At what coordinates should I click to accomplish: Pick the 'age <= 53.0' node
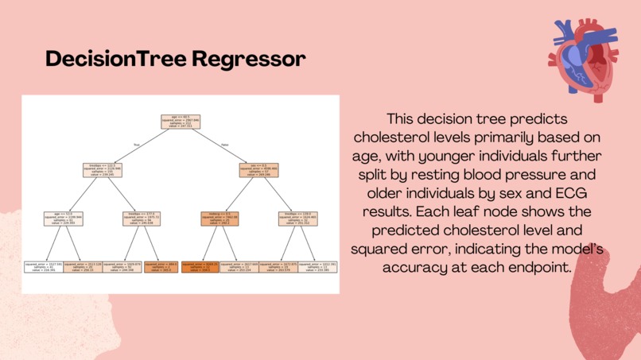coord(64,219)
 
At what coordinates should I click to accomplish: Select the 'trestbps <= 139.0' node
coord(296,219)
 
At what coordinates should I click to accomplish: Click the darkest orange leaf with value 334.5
coord(199,267)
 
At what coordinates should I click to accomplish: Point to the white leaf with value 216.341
coord(44,267)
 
